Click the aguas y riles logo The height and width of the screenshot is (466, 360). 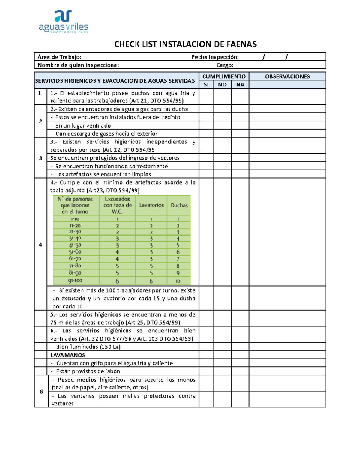[64, 21]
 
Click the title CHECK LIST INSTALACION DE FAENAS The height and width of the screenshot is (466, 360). [185, 44]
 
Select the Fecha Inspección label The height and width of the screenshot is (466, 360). [215, 57]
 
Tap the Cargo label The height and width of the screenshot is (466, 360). [225, 65]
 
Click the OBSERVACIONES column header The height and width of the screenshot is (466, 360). [287, 77]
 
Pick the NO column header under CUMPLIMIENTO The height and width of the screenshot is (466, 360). [222, 85]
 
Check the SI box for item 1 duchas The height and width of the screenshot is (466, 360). [206, 97]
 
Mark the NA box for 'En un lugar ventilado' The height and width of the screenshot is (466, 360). [240, 125]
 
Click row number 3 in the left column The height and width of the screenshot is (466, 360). [40, 158]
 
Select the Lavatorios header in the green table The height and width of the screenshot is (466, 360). [151, 205]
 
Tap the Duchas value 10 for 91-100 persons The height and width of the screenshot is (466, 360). [178, 281]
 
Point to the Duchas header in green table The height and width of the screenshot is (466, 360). [179, 206]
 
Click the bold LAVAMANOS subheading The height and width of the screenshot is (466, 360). [68, 355]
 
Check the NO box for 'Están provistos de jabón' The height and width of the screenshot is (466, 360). [222, 371]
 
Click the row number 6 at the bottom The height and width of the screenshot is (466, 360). [41, 392]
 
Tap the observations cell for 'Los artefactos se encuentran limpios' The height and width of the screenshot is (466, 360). [287, 174]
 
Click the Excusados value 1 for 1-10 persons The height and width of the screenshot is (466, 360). [117, 219]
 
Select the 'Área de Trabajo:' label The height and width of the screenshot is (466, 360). [59, 57]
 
